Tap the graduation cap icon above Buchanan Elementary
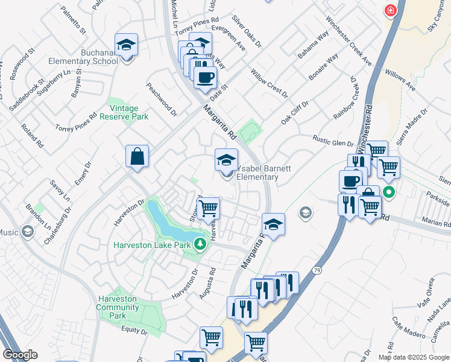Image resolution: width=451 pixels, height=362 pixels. pos(127,45)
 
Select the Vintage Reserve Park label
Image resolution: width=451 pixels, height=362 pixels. pos(128,112)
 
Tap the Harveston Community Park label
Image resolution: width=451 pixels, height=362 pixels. pos(118,307)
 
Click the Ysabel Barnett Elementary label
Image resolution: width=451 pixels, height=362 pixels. pos(257,173)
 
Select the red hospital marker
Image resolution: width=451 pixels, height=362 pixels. pos(391,11)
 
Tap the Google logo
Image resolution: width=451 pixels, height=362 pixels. pos(20,355)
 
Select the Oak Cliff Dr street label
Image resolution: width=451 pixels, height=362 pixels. pos(294,113)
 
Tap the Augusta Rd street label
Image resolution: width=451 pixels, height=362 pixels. pos(208,284)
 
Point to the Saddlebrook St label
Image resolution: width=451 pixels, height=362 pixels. pos(27,95)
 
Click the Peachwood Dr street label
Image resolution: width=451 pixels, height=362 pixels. pos(161,99)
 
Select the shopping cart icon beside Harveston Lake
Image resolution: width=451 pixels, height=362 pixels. pos(208,208)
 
